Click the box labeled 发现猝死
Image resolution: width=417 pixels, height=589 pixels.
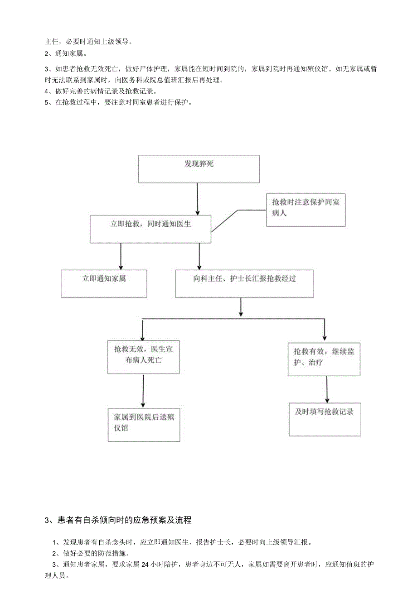[199, 169]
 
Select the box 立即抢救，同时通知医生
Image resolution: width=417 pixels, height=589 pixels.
[151, 229]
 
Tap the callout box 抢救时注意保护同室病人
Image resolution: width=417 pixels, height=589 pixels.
[305, 210]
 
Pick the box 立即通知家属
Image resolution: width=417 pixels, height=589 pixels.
[104, 283]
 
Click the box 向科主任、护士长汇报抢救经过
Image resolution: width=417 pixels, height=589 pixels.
[244, 283]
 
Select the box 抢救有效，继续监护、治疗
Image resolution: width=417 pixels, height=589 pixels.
[324, 359]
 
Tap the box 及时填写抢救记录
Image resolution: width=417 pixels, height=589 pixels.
[325, 419]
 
